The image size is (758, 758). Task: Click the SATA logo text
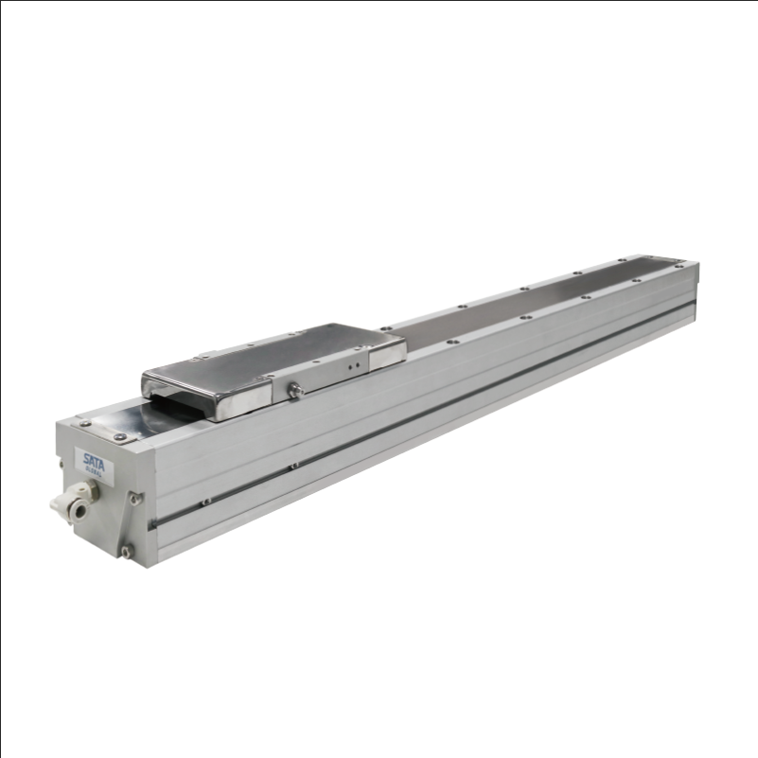pyautogui.click(x=96, y=461)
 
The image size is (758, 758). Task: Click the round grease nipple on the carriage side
pyautogui.click(x=295, y=388)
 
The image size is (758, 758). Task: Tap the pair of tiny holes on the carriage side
pyautogui.click(x=354, y=361)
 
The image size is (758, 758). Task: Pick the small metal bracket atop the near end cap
pyautogui.click(x=104, y=430)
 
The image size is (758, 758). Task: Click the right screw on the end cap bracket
pyautogui.click(x=121, y=436)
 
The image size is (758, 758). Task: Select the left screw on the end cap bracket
pyautogui.click(x=83, y=423)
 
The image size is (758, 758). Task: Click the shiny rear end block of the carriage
pyautogui.click(x=388, y=347)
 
